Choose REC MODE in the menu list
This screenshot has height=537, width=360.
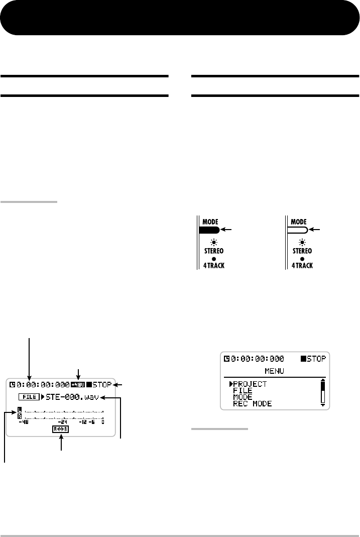click(252, 403)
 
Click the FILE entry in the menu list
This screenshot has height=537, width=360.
click(243, 391)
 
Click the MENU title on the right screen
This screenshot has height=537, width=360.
click(275, 371)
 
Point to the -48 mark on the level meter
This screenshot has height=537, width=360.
click(23, 422)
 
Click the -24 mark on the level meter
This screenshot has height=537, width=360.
click(63, 422)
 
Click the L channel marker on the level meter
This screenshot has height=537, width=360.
click(20, 409)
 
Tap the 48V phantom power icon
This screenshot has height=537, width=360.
click(78, 385)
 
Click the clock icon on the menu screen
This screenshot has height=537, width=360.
click(227, 359)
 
